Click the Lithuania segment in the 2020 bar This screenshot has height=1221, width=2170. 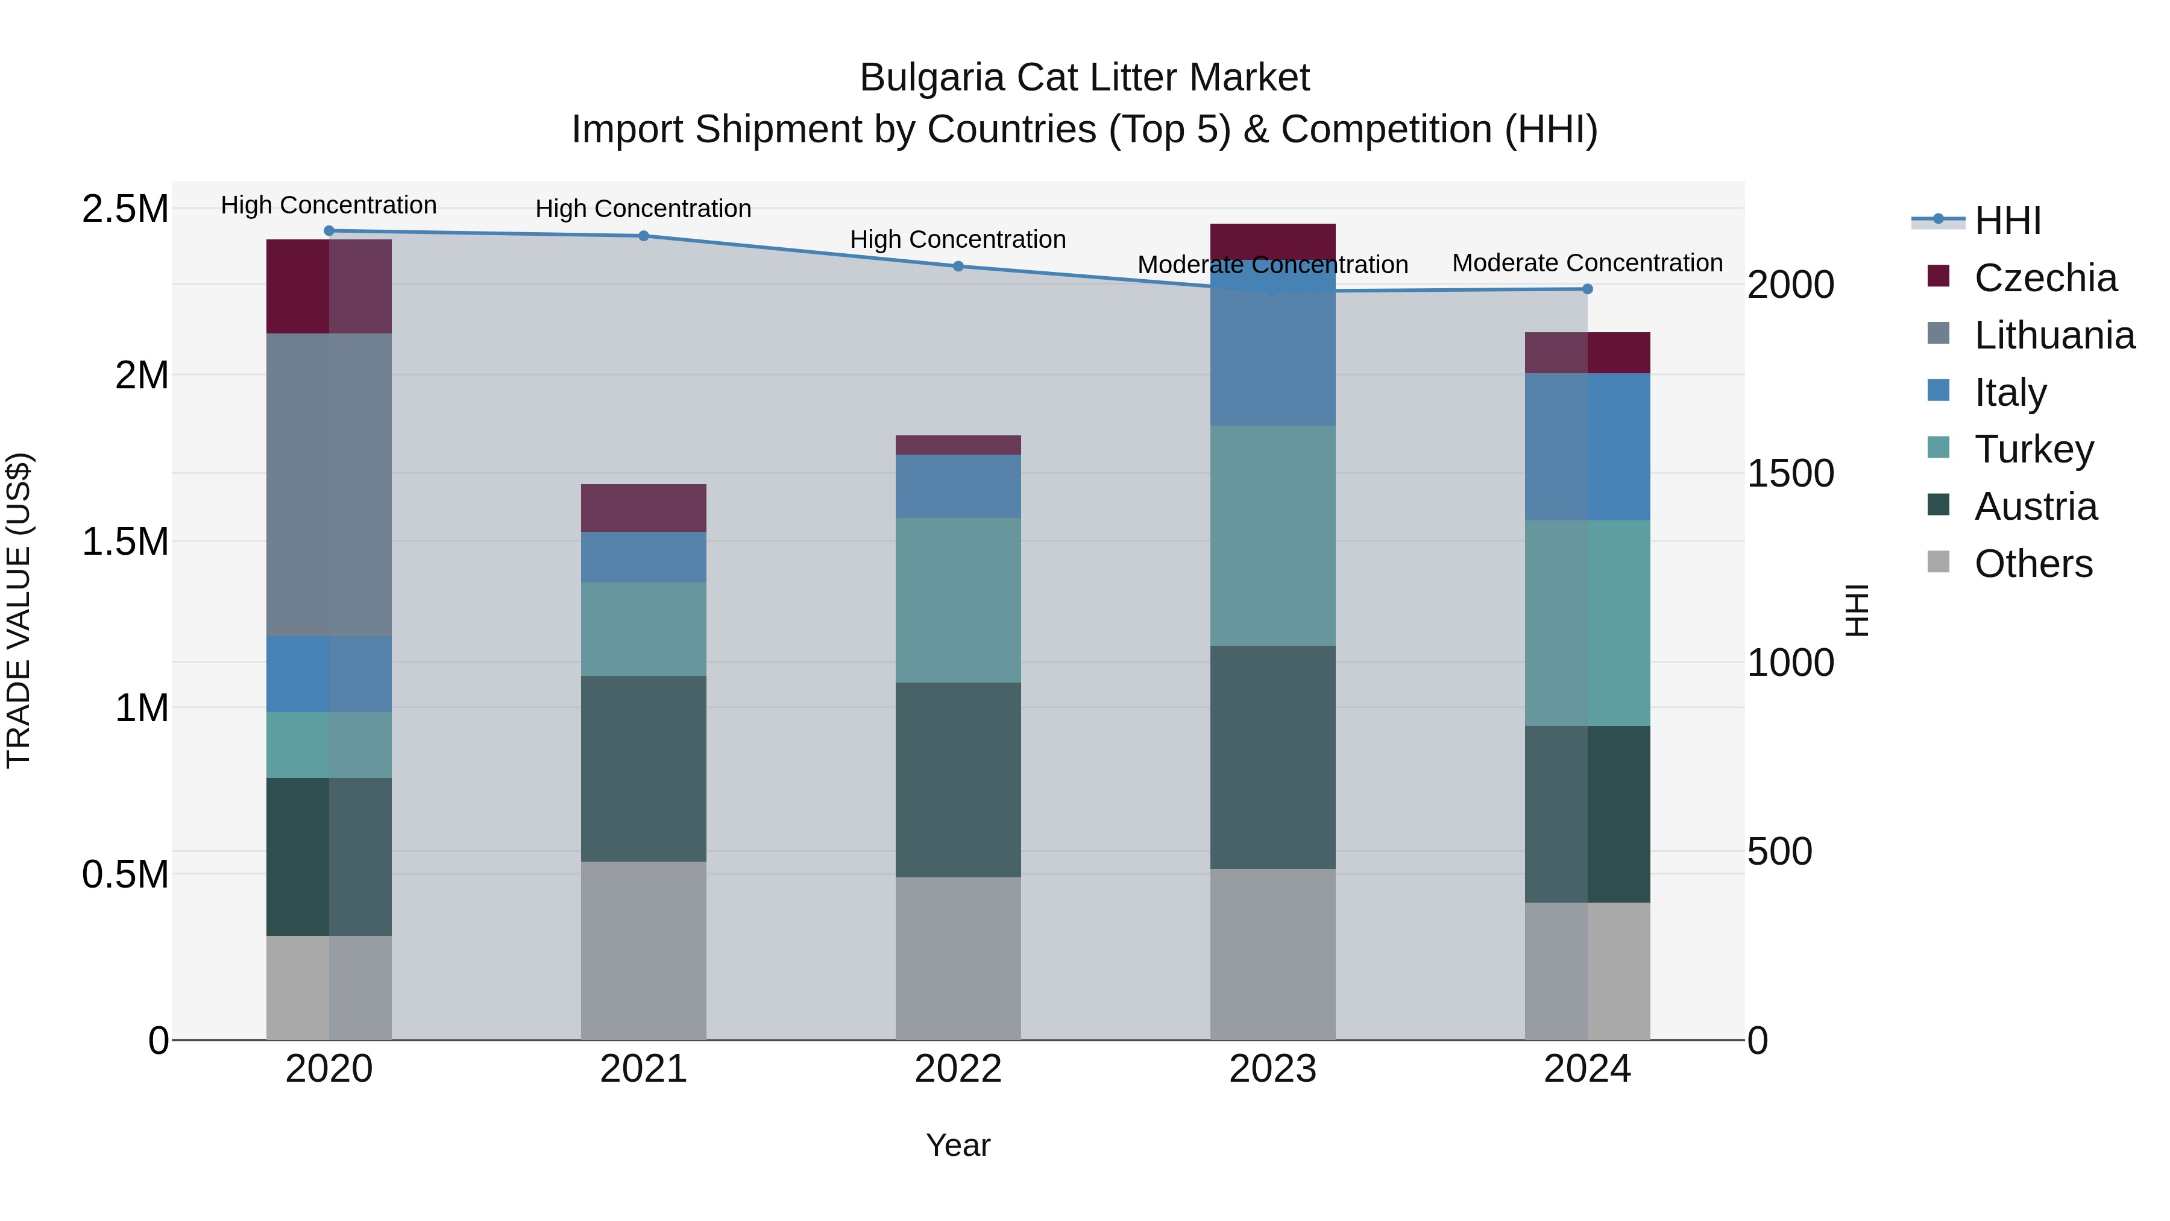click(329, 485)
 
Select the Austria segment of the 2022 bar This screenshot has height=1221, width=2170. click(958, 780)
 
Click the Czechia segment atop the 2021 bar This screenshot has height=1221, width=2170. click(644, 507)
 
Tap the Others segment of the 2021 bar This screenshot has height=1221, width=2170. click(644, 950)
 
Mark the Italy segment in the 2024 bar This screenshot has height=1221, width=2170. click(1587, 447)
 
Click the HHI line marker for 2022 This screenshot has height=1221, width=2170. click(958, 267)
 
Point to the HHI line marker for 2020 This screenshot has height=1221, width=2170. click(329, 231)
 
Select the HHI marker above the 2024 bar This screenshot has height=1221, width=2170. click(1587, 289)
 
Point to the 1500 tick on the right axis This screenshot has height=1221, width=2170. click(1790, 473)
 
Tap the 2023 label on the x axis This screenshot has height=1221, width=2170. click(1272, 1068)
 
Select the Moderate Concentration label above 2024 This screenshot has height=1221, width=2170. click(1587, 263)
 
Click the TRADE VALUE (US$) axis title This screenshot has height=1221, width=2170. click(19, 610)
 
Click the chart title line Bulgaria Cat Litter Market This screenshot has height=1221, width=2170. click(1084, 78)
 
